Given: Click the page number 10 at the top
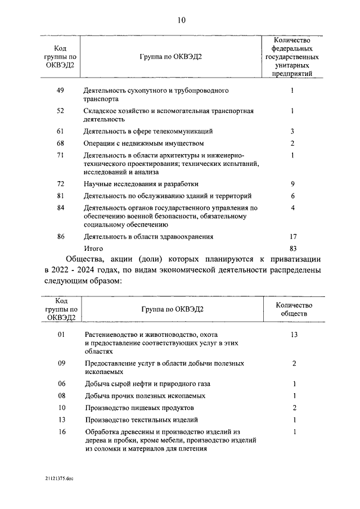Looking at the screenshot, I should (180, 21).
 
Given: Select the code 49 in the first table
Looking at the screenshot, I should (60, 91).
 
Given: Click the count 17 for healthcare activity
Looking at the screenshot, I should (292, 237).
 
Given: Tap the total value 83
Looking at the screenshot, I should (292, 248).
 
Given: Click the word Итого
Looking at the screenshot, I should (93, 248).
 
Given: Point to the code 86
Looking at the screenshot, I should (60, 237).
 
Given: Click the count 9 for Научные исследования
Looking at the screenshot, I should (292, 184).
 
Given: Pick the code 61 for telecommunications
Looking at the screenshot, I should (60, 132).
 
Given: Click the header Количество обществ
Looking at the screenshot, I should (292, 309).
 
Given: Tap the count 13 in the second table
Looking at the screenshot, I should (292, 335).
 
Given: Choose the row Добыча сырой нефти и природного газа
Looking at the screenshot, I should (147, 384).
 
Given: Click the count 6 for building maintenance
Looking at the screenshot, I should (292, 196).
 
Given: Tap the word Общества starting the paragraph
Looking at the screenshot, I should (85, 259).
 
